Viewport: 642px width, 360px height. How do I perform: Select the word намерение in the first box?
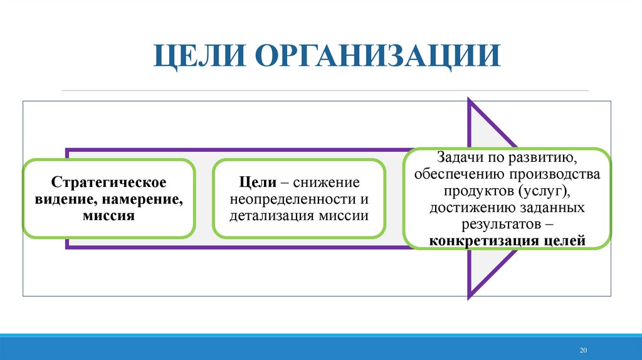[x=145, y=199]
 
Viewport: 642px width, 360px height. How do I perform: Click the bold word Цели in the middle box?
[x=258, y=183]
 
